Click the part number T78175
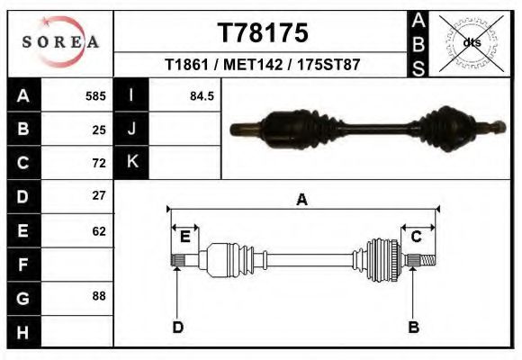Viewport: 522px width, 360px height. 263,33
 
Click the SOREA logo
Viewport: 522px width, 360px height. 60,41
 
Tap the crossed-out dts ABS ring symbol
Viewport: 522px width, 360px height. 471,43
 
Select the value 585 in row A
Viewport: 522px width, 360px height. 95,96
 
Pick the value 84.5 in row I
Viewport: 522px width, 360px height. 202,96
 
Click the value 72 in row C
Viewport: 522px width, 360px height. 99,163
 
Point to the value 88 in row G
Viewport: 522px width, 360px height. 99,296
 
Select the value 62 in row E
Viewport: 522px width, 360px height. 99,231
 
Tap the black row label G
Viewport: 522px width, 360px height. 24,299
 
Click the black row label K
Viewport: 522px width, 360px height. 131,162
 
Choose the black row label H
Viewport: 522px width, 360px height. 24,332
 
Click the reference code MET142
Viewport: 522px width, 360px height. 253,65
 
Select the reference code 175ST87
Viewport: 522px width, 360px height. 328,65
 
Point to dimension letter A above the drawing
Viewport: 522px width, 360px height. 301,200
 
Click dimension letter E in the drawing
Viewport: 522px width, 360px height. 185,237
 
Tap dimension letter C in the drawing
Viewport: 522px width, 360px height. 417,237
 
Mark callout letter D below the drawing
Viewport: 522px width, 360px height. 178,328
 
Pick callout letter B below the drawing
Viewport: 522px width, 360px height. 413,327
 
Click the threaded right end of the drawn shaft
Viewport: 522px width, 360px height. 428,260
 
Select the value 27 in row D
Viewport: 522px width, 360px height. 99,195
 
